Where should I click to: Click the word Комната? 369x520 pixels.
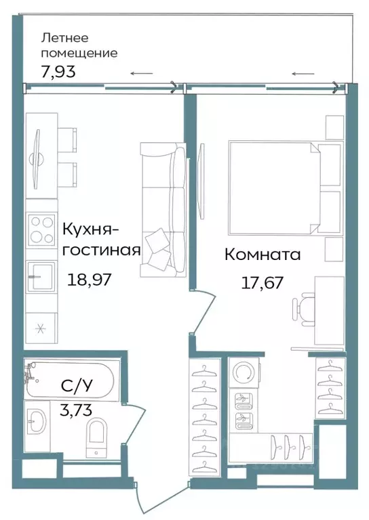coord(262,255)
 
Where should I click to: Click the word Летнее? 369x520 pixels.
coord(65,37)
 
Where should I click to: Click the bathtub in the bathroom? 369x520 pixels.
coord(71,381)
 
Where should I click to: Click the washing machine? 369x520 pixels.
coord(242,372)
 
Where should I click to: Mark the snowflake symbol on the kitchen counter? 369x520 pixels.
coord(40,329)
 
